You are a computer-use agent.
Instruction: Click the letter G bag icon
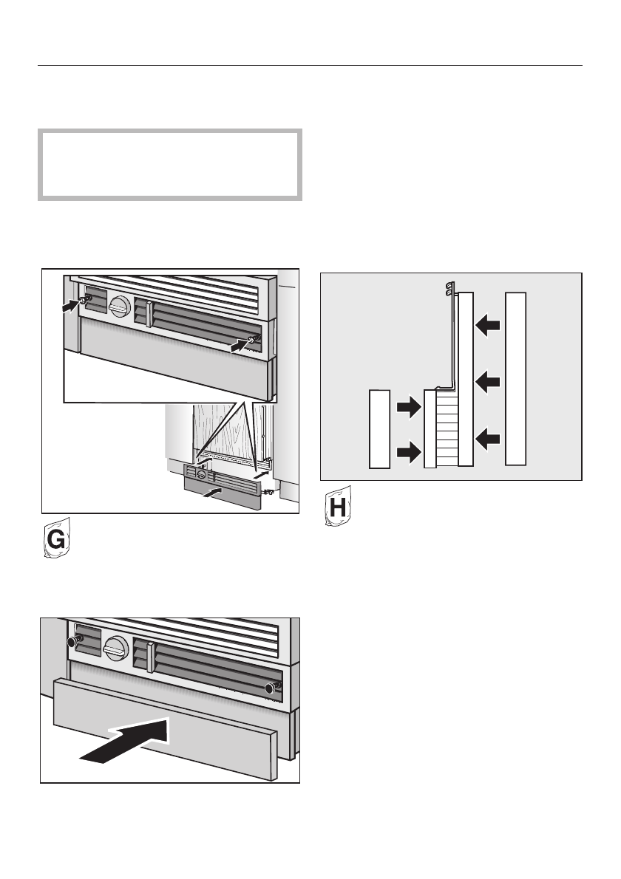pos(54,543)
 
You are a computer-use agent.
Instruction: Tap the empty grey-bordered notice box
pos(170,165)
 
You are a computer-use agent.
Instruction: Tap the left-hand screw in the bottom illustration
pos(72,642)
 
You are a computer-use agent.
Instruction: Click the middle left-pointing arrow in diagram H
pos(489,381)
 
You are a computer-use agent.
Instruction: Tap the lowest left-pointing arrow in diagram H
pos(489,439)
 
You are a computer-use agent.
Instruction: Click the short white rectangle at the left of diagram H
pos(379,428)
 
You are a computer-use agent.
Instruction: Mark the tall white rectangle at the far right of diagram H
pos(516,378)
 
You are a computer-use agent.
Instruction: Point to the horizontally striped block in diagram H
pos(447,428)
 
